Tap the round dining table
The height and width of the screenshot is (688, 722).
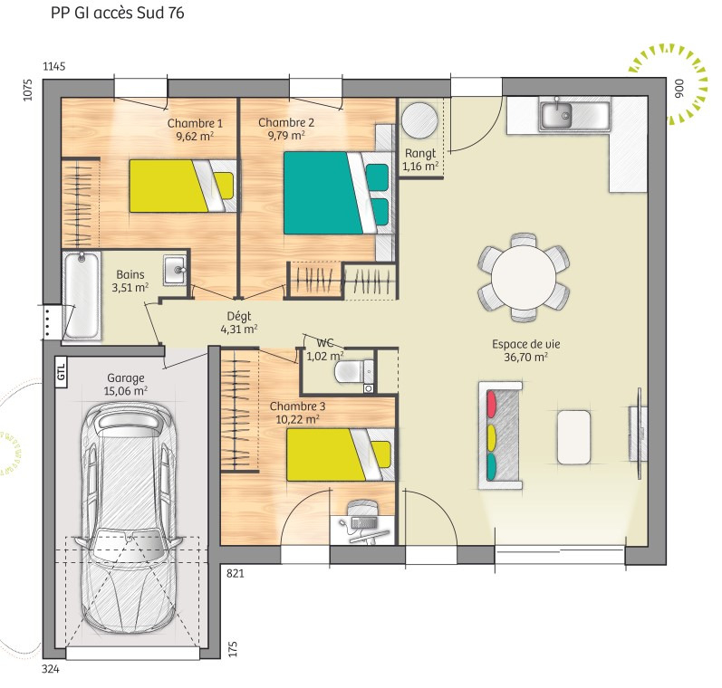524,278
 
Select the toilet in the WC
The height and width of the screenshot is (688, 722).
353,371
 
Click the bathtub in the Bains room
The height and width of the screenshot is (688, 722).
82,295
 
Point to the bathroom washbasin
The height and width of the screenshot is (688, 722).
175,270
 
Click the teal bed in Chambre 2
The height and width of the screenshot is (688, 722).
339,193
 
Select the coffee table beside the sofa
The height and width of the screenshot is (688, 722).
573,437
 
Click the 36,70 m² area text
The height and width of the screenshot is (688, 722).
525,357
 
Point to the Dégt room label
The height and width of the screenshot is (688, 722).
239,316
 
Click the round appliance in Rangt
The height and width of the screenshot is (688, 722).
419,120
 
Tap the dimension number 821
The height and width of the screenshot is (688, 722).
235,573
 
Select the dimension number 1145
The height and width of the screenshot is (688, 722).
54,66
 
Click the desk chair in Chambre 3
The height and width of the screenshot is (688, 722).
363,509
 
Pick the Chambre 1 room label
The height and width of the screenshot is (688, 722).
195,123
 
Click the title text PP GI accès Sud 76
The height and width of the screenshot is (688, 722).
118,13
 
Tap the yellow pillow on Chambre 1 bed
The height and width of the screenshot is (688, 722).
225,186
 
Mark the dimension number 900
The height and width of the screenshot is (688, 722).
679,89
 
